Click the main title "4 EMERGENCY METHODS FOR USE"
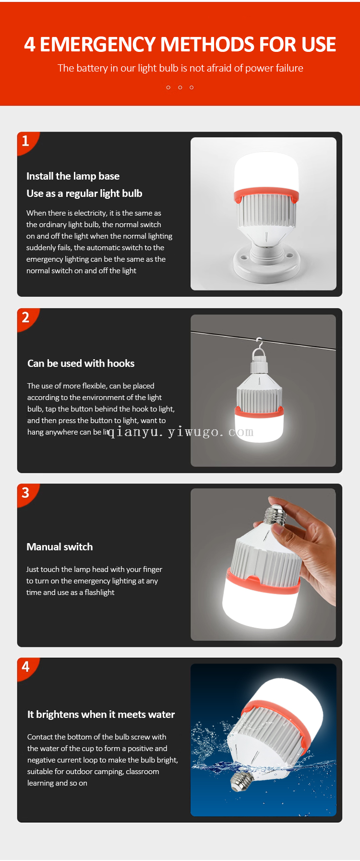point(180,45)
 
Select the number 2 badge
point(26,318)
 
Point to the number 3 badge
point(26,493)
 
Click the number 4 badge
point(26,667)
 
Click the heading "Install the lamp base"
point(73,176)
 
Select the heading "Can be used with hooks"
point(81,364)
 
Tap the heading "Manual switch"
point(60,547)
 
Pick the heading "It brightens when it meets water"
point(101,715)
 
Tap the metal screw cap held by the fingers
point(276,513)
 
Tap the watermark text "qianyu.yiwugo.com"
point(180,432)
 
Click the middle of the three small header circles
point(180,87)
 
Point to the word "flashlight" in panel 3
point(99,593)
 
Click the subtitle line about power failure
point(180,68)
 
